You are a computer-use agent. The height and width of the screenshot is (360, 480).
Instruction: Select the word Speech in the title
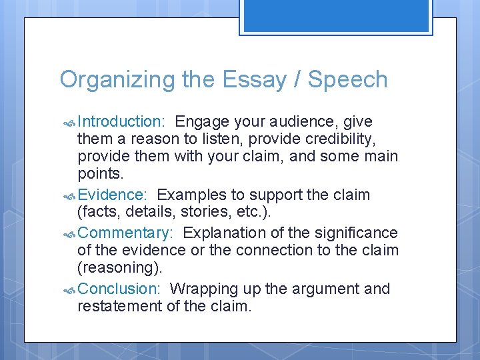pyautogui.click(x=347, y=79)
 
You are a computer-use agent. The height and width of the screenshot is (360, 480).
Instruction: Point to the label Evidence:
pyautogui.click(x=112, y=195)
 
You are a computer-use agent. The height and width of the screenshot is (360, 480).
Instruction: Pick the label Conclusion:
pyautogui.click(x=119, y=289)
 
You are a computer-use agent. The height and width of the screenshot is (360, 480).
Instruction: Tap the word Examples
pyautogui.click(x=191, y=195)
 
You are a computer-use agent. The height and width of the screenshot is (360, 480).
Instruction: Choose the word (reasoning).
pyautogui.click(x=119, y=267)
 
